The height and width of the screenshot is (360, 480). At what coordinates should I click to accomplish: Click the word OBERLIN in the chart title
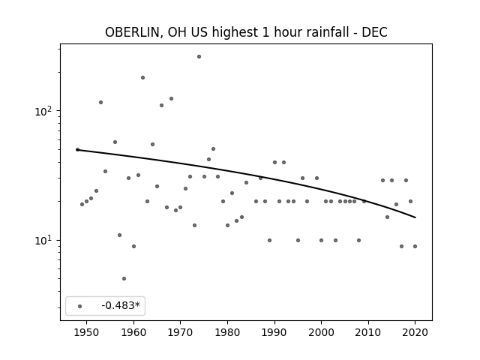[132, 32]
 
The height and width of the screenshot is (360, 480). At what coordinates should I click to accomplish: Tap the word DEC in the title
[374, 32]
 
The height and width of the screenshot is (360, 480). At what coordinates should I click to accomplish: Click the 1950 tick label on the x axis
[87, 332]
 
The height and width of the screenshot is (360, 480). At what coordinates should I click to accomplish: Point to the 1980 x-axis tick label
[227, 332]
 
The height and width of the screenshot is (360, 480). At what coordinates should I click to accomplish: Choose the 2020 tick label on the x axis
[415, 332]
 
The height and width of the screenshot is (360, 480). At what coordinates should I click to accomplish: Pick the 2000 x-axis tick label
[321, 332]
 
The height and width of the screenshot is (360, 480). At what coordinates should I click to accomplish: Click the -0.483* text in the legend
[121, 305]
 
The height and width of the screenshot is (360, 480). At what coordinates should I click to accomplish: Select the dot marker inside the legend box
[80, 306]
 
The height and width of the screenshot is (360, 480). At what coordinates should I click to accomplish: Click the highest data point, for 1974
[199, 57]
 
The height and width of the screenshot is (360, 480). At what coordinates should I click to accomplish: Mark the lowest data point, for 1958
[124, 278]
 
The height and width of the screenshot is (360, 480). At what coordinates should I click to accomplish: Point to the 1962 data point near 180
[142, 78]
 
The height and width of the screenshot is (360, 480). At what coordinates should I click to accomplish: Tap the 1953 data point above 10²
[100, 103]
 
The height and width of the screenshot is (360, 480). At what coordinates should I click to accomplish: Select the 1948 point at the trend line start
[77, 150]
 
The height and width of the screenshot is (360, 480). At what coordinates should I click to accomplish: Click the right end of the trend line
[415, 217]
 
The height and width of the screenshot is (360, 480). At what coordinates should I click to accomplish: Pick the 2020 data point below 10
[415, 247]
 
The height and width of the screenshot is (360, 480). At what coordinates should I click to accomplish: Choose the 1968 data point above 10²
[172, 98]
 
